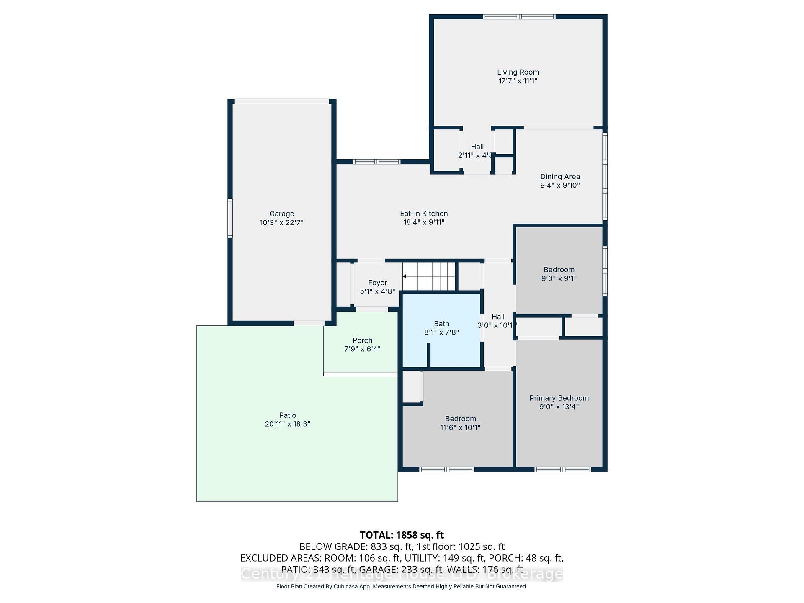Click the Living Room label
[518, 72]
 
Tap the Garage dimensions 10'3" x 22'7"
[281, 223]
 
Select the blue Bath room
[441, 331]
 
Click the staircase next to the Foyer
[429, 276]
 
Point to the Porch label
[362, 340]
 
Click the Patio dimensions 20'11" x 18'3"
[287, 424]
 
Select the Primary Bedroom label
[559, 398]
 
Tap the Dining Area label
[560, 177]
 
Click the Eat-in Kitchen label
[424, 214]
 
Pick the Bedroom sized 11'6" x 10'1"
[460, 423]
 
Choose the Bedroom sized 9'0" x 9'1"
[559, 274]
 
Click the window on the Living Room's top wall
[519, 17]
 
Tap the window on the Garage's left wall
[230, 219]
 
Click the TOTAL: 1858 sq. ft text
[402, 535]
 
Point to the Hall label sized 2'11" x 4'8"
[477, 147]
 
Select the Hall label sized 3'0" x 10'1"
[498, 317]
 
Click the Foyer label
[377, 283]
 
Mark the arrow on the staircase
[405, 276]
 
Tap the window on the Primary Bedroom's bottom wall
[563, 469]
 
